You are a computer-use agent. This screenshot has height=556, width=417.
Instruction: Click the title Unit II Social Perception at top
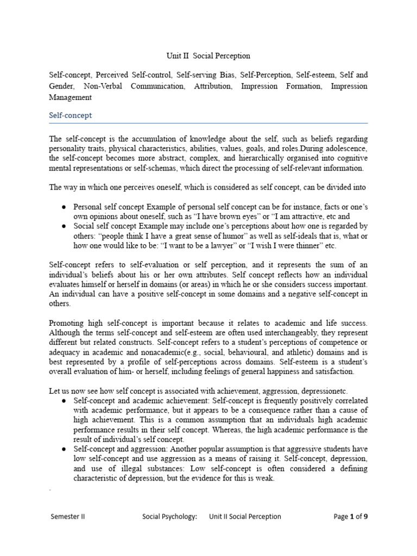pyautogui.click(x=208, y=56)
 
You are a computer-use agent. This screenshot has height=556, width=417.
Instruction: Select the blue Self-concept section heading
pyautogui.click(x=71, y=116)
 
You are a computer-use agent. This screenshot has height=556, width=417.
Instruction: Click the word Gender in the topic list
pyautogui.click(x=64, y=86)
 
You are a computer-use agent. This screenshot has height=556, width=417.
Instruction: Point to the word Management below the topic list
pyautogui.click(x=71, y=98)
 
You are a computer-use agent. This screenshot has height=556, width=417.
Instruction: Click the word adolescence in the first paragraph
pyautogui.click(x=345, y=148)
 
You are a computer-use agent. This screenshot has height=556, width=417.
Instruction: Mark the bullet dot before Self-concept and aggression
pyautogui.click(x=65, y=449)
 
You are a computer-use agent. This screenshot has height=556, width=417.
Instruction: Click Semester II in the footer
pyautogui.click(x=67, y=516)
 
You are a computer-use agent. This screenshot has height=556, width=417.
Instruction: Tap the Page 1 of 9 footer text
pyautogui.click(x=351, y=516)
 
